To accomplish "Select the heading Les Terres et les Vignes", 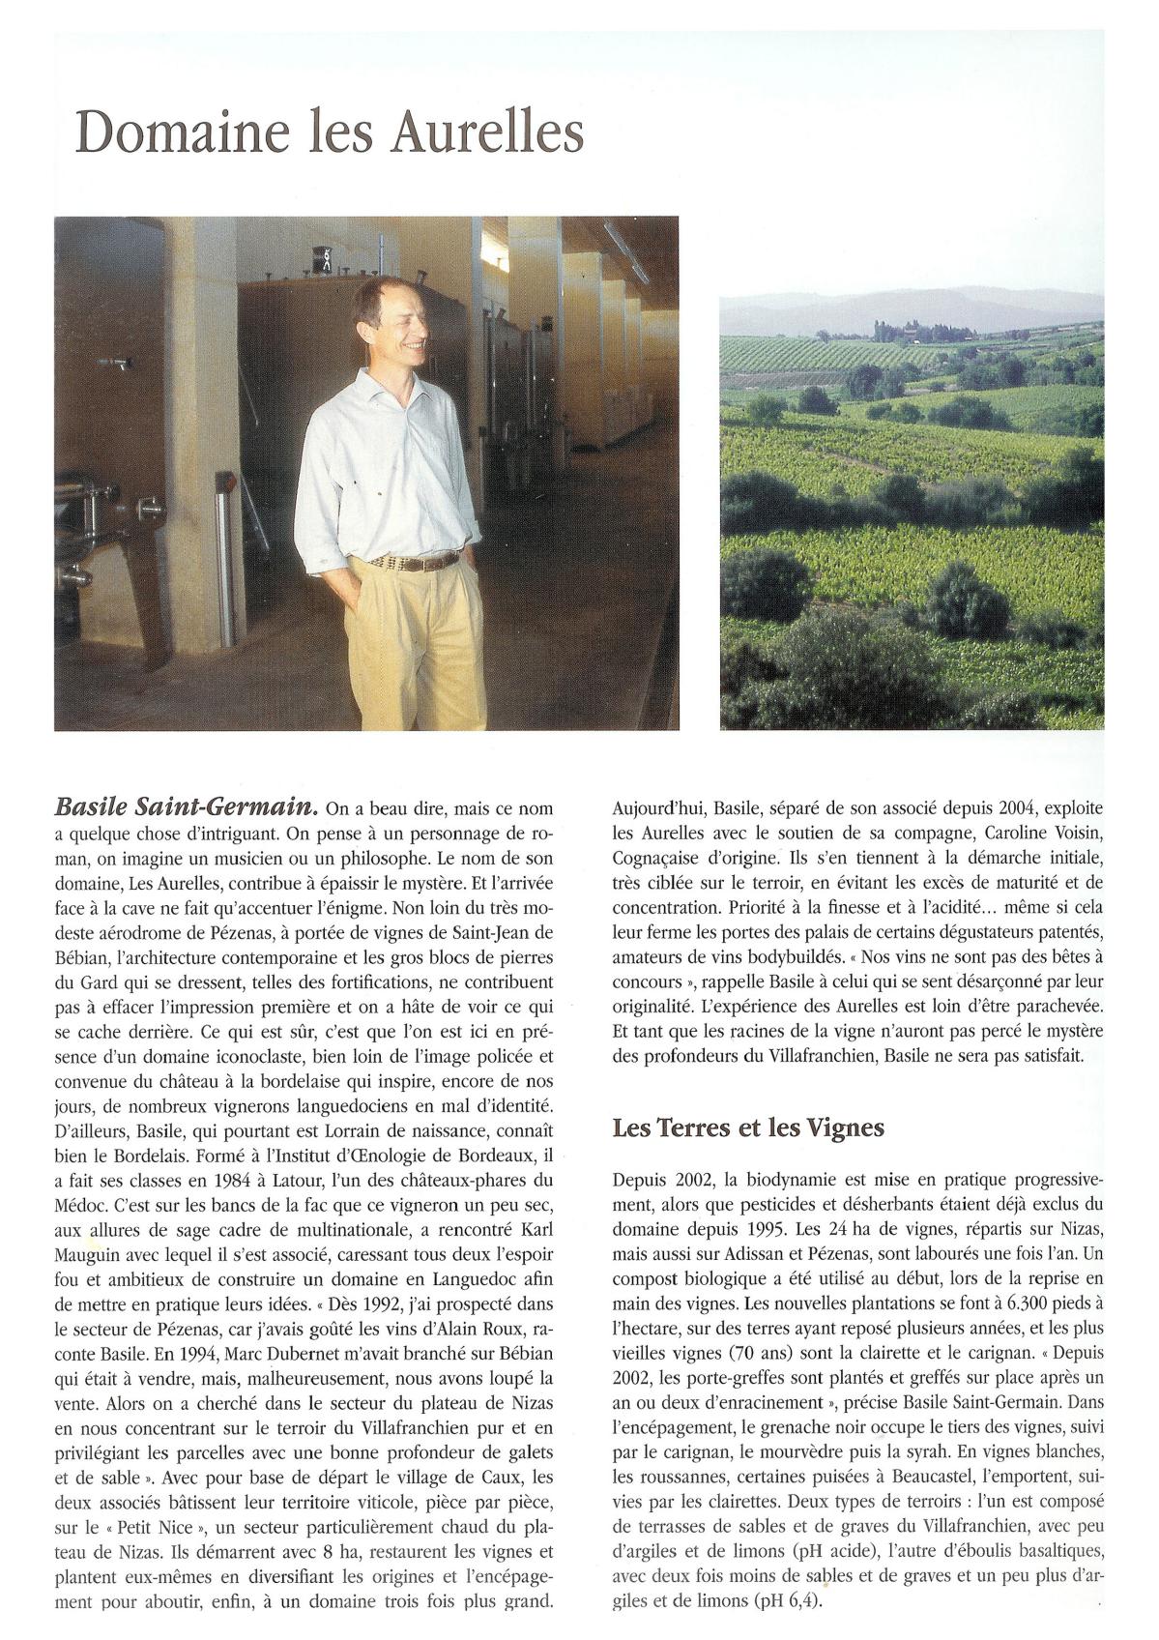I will (x=748, y=1127).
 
